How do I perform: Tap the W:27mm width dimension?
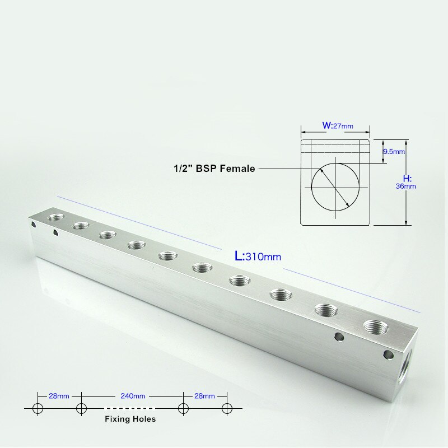[x=337, y=125]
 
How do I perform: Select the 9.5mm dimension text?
[x=394, y=151]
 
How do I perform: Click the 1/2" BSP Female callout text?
[x=213, y=168]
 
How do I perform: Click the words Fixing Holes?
[x=130, y=419]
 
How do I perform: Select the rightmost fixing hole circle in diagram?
[x=226, y=408]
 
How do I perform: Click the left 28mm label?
[x=59, y=396]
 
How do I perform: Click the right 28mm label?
[x=204, y=396]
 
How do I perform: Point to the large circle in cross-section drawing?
[x=334, y=186]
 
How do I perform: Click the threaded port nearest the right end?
[x=374, y=326]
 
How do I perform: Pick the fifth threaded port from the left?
[x=166, y=256]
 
